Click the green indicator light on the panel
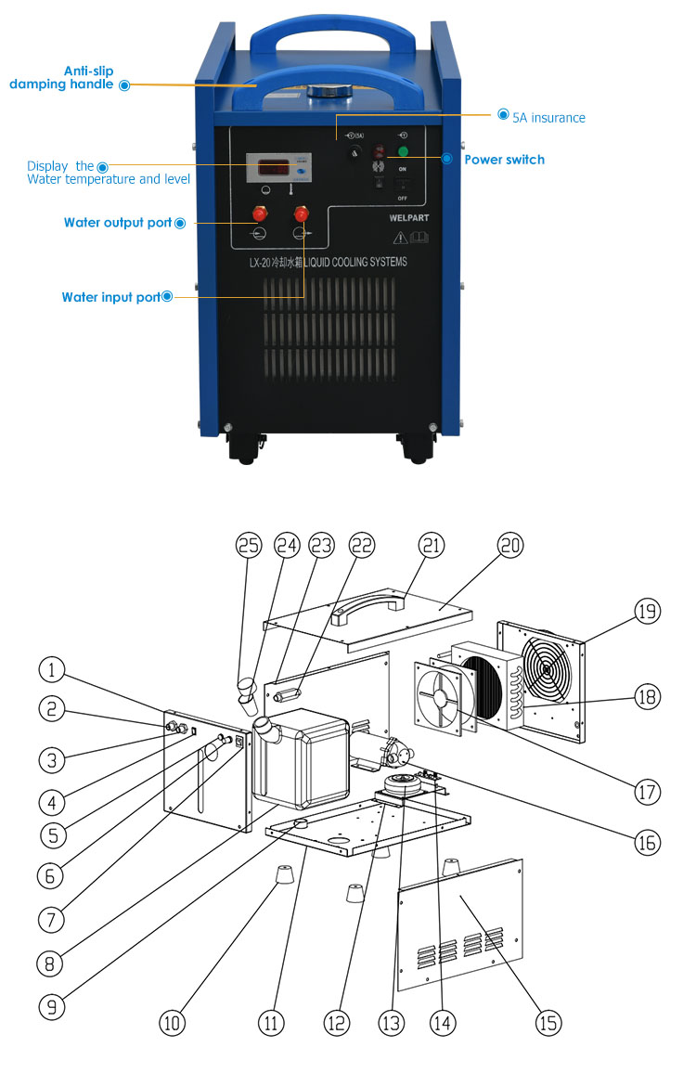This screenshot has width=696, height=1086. (403, 150)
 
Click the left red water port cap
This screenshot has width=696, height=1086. (261, 213)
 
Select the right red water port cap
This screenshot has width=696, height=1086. (301, 213)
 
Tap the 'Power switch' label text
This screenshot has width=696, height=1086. (504, 160)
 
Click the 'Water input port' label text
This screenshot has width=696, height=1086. (110, 298)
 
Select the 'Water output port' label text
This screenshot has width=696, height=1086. (118, 223)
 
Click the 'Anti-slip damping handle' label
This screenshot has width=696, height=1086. (63, 77)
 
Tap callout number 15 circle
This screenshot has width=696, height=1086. (548, 1022)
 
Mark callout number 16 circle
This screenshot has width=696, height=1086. (647, 841)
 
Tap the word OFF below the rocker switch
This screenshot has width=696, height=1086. (403, 198)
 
